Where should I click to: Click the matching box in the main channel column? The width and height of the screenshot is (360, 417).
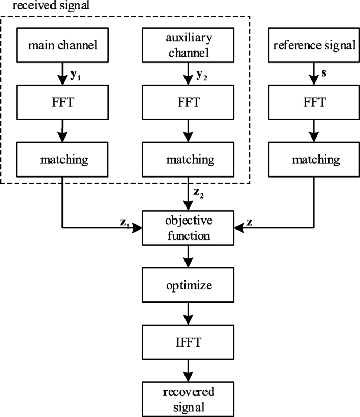[63, 158]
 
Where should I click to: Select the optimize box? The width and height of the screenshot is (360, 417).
[188, 286]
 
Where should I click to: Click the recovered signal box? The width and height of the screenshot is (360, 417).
[188, 399]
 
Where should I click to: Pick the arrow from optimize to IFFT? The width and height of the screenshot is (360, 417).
[188, 314]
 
